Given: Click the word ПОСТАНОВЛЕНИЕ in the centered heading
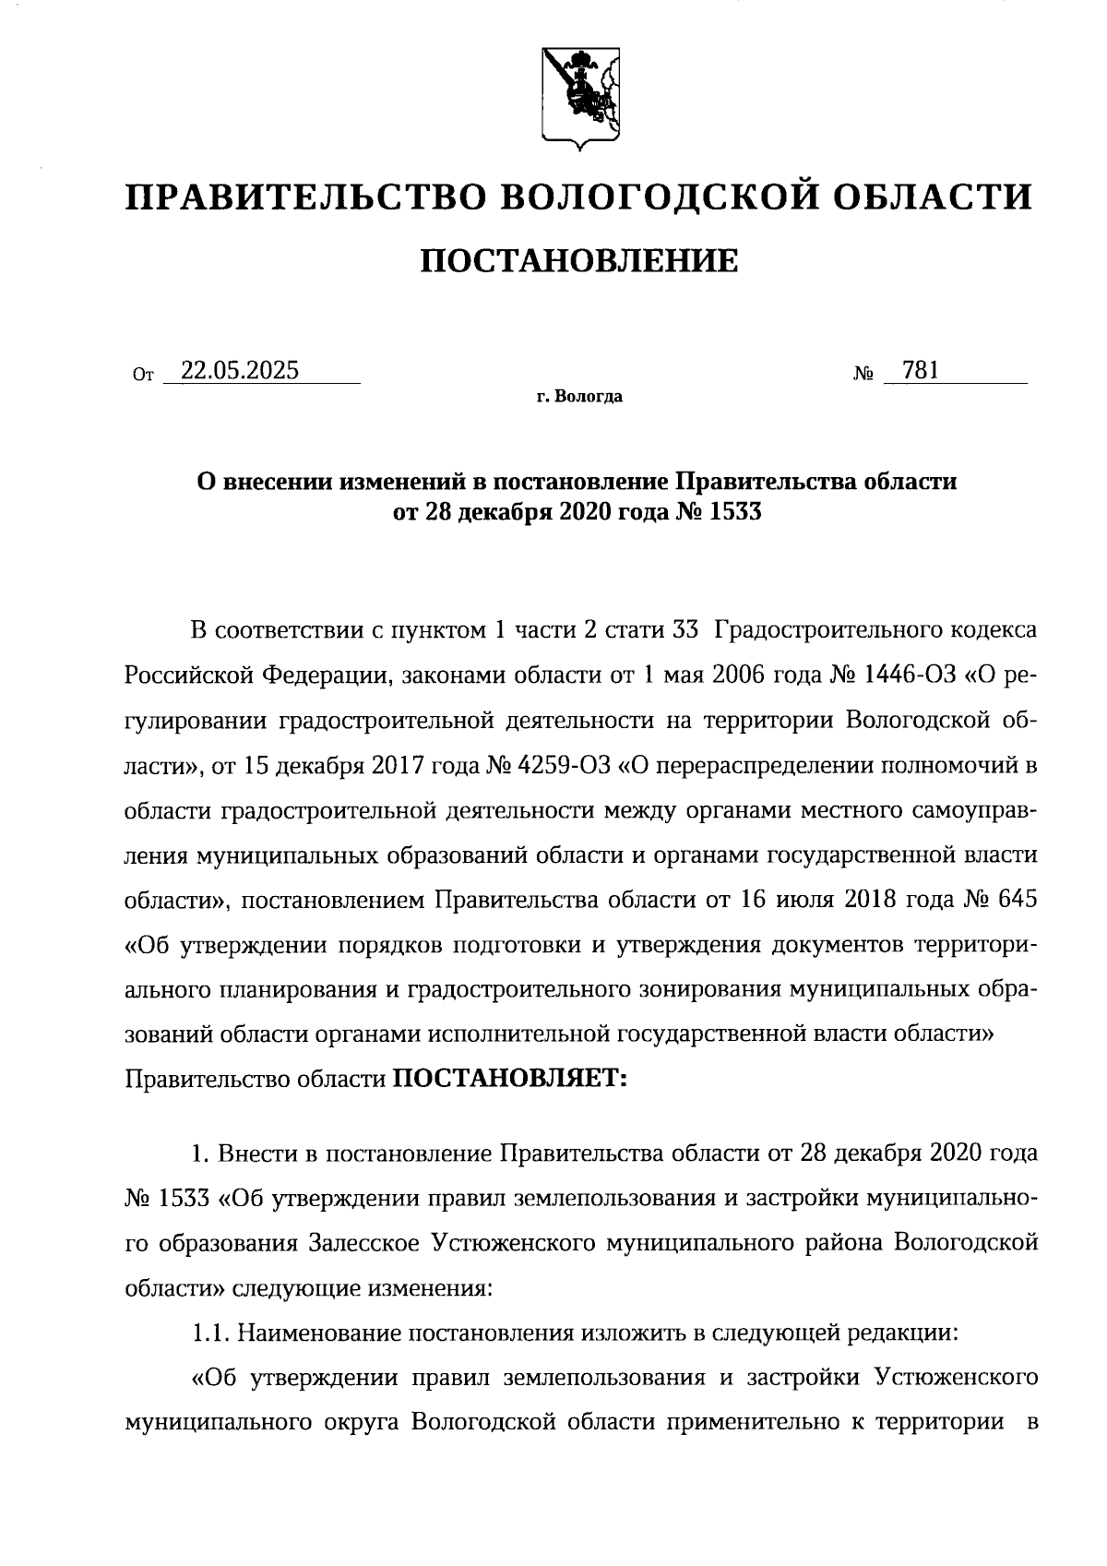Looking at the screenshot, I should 579,261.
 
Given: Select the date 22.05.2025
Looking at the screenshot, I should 239,371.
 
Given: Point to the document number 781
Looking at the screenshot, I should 921,371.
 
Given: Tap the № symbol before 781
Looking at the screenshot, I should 864,375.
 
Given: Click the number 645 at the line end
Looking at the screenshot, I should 1018,898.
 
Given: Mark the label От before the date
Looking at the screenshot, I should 141,376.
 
